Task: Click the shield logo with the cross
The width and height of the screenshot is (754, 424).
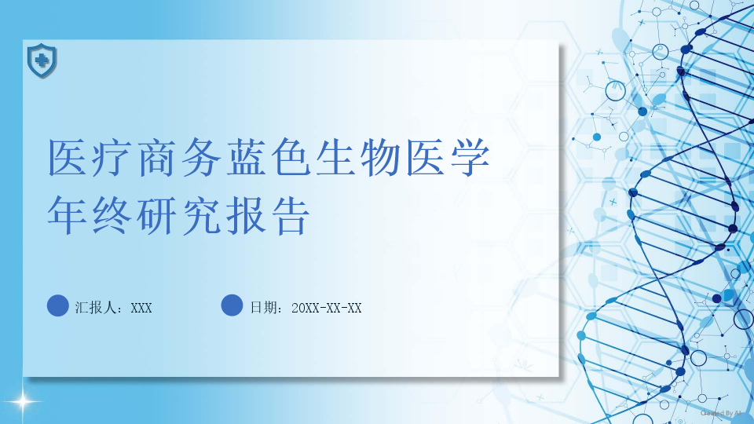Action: coord(42,60)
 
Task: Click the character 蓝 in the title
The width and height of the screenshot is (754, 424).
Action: coord(247,158)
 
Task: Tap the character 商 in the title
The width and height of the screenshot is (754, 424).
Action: coord(157,158)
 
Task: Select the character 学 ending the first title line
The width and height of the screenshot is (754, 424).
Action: coord(470,158)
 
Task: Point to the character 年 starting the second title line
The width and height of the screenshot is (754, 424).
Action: coord(68,215)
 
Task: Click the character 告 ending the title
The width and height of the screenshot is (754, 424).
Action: coord(291,215)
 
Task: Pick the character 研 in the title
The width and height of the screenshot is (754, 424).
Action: coord(157,215)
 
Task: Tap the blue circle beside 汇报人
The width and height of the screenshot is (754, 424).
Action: coord(57,305)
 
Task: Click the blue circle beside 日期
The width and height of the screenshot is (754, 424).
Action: coord(232,305)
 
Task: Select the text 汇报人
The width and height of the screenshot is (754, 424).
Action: coord(96,308)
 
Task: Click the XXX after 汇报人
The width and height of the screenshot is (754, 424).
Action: coord(141,308)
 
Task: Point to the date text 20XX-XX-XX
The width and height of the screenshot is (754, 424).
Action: coord(327,308)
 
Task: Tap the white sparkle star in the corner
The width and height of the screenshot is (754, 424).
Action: coord(23,401)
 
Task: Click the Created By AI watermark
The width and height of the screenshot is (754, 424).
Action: coord(720,413)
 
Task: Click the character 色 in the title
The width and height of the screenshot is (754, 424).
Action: coord(291,158)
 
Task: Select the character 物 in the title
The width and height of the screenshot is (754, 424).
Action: coord(381,158)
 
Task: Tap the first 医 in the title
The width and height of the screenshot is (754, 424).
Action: coord(68,158)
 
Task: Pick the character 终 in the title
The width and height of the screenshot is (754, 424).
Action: coord(112,215)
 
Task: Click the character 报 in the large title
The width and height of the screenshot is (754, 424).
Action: coord(246,215)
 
